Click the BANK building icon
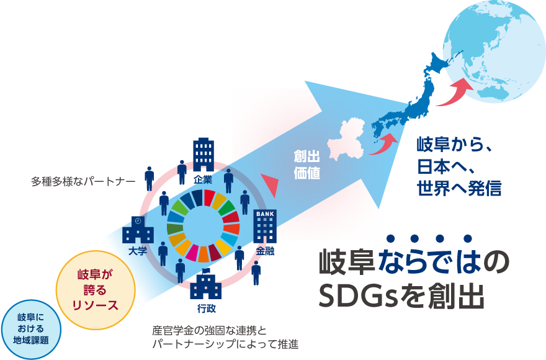(265, 226)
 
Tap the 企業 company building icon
(204, 155)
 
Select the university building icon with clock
(138, 230)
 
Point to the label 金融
(266, 251)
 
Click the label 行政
(207, 308)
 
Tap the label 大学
(138, 251)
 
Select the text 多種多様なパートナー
(83, 181)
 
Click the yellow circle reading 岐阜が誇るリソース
(96, 290)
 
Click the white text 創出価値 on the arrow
(307, 164)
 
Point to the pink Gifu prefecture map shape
(346, 140)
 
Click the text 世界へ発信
(459, 188)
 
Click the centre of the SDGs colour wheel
(203, 226)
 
